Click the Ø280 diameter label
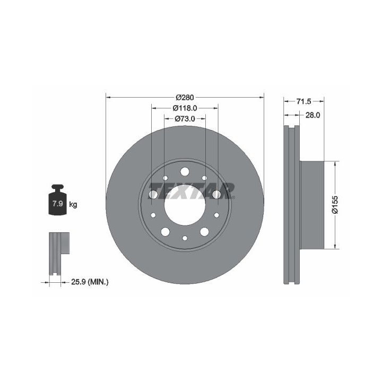coord(185,98)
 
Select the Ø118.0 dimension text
coord(185,108)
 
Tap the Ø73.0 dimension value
coord(185,119)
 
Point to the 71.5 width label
coord(304,101)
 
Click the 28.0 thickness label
coord(313,115)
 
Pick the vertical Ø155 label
coord(335,205)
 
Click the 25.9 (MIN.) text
coord(90,282)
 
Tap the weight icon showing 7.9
coord(57,200)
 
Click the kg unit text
coord(73,204)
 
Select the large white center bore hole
coord(185,205)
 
